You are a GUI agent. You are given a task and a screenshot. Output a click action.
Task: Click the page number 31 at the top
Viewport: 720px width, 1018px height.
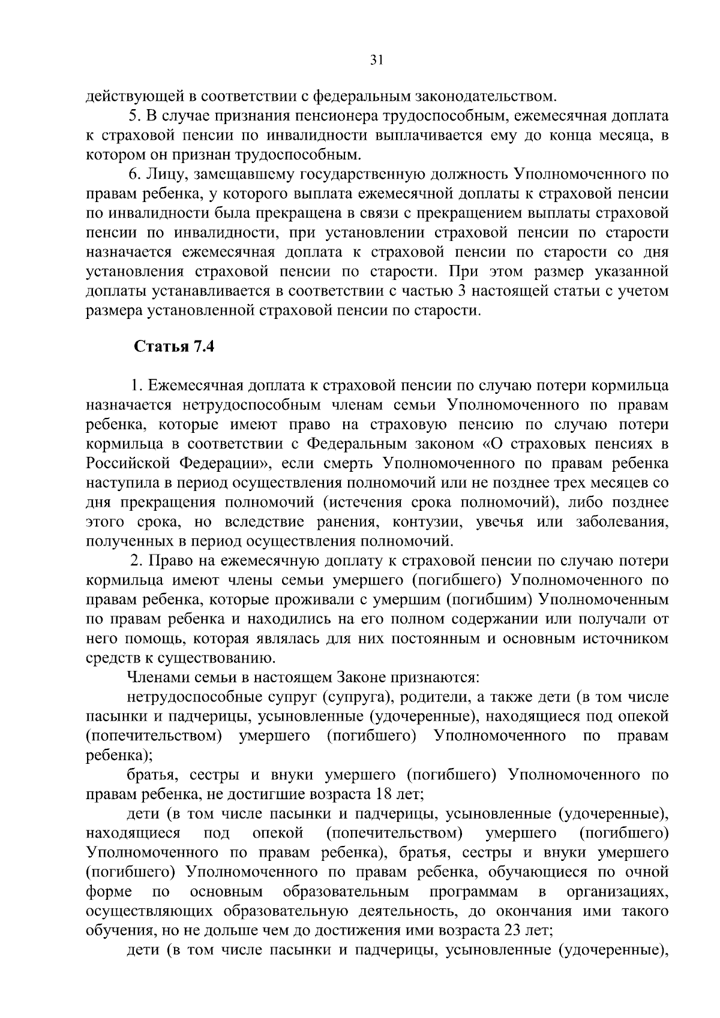point(377,59)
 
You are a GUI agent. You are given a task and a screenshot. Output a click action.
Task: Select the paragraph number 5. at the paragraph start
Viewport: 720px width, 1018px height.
point(135,116)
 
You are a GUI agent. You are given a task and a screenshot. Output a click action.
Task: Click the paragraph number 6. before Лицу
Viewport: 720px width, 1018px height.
point(135,174)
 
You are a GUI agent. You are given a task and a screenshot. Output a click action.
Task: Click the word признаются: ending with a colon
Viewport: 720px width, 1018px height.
point(434,678)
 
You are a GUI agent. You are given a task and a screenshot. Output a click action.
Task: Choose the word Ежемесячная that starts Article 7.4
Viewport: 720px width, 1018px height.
point(191,386)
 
